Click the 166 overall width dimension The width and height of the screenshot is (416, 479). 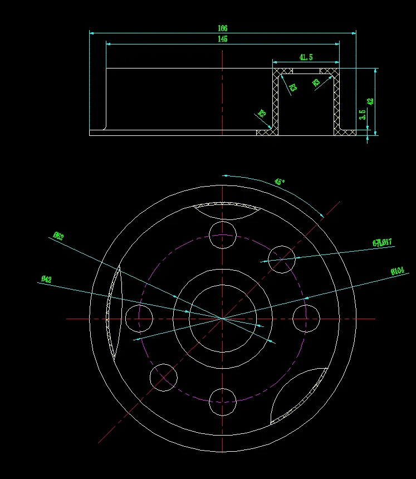[223, 28]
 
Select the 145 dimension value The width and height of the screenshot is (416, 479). [223, 39]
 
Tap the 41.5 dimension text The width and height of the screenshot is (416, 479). [306, 57]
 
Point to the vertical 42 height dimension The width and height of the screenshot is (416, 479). [370, 101]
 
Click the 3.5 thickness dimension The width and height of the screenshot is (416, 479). [363, 115]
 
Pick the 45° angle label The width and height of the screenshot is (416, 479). [280, 182]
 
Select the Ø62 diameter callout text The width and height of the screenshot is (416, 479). [58, 236]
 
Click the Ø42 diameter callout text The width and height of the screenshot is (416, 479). [46, 279]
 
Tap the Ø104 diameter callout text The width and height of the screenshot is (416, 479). [397, 271]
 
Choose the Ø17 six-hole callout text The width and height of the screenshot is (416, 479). [382, 242]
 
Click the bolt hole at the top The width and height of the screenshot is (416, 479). [223, 234]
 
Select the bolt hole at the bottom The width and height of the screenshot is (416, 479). [223, 402]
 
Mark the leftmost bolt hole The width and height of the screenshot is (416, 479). [139, 318]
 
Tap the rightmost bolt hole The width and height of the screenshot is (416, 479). [306, 318]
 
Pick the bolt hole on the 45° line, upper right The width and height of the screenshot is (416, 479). [281, 259]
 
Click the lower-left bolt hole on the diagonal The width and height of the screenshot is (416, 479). [164, 377]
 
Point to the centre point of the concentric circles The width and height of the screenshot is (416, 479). [223, 318]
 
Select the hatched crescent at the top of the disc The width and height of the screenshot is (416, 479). [226, 206]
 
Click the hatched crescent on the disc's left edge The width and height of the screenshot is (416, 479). [115, 312]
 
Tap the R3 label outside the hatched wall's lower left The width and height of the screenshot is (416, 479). [261, 114]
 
